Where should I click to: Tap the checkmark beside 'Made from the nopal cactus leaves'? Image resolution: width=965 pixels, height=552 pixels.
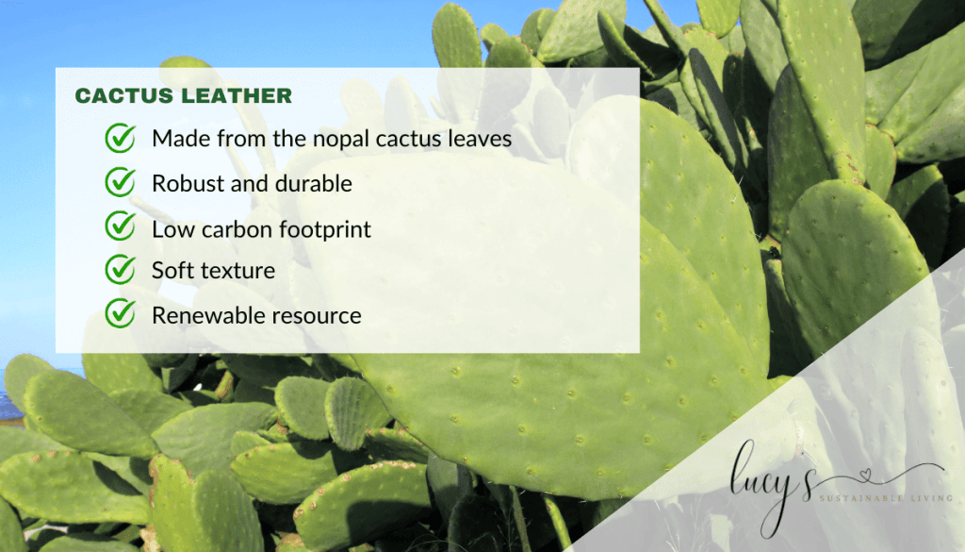coord(120,139)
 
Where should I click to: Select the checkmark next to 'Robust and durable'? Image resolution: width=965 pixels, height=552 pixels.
coord(120,183)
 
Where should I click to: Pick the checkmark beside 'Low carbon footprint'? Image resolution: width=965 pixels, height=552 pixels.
coord(120,226)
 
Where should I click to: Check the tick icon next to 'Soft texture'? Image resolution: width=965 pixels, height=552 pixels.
coord(120,270)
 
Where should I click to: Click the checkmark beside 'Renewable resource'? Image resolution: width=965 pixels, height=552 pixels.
coord(120,313)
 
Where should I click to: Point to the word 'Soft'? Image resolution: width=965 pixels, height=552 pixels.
coord(172,271)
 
